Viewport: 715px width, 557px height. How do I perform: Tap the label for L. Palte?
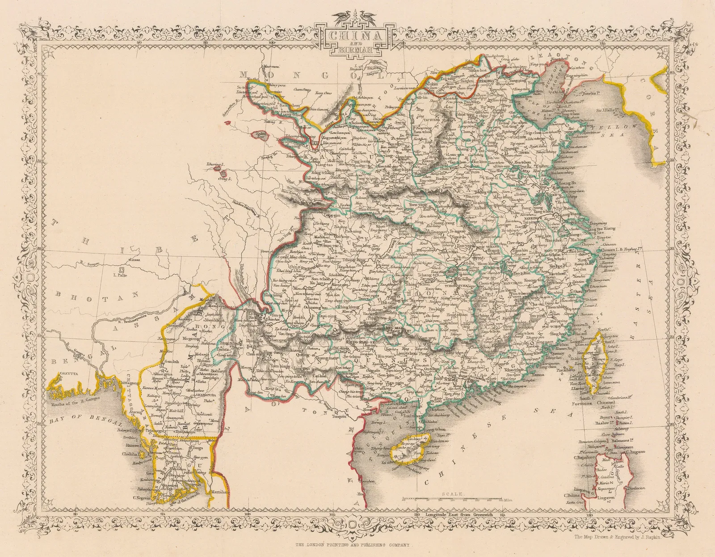(x=120, y=275)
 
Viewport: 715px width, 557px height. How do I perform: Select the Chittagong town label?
(x=127, y=383)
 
